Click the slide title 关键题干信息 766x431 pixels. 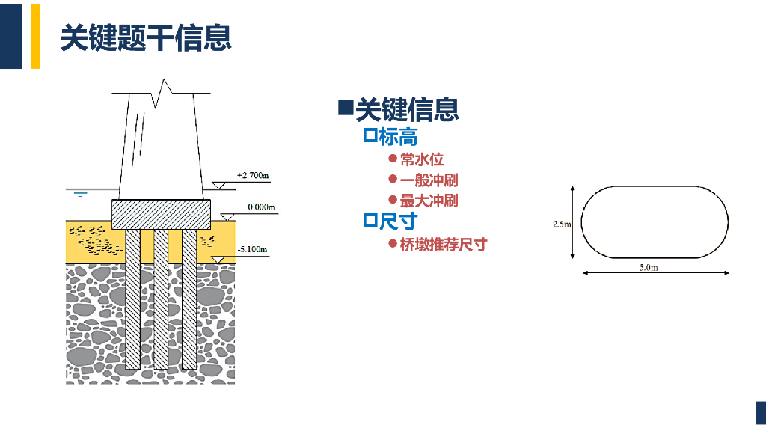click(145, 37)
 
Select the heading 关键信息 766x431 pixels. click(406, 110)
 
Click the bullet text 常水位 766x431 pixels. click(422, 159)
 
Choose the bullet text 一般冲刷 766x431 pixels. click(429, 180)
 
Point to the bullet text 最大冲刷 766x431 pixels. click(429, 201)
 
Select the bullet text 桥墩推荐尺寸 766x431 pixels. click(443, 245)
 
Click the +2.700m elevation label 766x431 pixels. click(253, 176)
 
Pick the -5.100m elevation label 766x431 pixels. click(251, 249)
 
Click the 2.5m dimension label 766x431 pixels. click(562, 224)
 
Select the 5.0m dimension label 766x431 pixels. click(649, 267)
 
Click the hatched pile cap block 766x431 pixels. click(161, 214)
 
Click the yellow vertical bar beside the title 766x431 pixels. click(35, 36)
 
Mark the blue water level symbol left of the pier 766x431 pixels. click(81, 194)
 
